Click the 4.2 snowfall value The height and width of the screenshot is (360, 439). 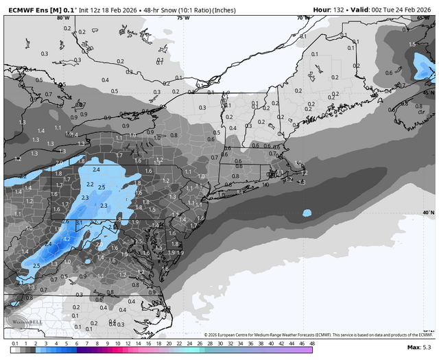click(x=67, y=238)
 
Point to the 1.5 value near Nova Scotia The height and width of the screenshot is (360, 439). click(x=412, y=44)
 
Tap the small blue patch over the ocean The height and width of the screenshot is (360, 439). click(x=307, y=213)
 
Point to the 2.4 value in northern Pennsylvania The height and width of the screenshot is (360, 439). click(x=96, y=169)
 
